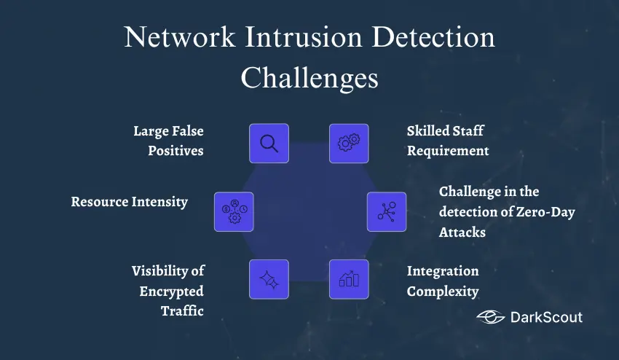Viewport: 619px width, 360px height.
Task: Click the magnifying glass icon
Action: point(269,144)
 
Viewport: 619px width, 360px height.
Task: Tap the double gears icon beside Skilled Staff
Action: point(349,144)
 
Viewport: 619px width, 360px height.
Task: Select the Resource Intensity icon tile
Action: point(234,212)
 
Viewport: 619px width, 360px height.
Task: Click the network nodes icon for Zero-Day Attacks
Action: point(386,212)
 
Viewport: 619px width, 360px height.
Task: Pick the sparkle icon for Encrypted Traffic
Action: point(269,279)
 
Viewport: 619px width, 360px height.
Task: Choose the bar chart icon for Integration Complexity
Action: point(349,279)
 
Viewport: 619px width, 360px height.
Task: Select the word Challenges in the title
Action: point(309,77)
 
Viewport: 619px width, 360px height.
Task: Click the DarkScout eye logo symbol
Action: point(491,317)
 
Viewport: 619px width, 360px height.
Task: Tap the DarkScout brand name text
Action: point(546,317)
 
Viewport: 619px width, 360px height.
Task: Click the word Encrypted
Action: point(171,291)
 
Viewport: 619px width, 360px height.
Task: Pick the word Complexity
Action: point(443,291)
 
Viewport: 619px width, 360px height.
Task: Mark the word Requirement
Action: point(448,151)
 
